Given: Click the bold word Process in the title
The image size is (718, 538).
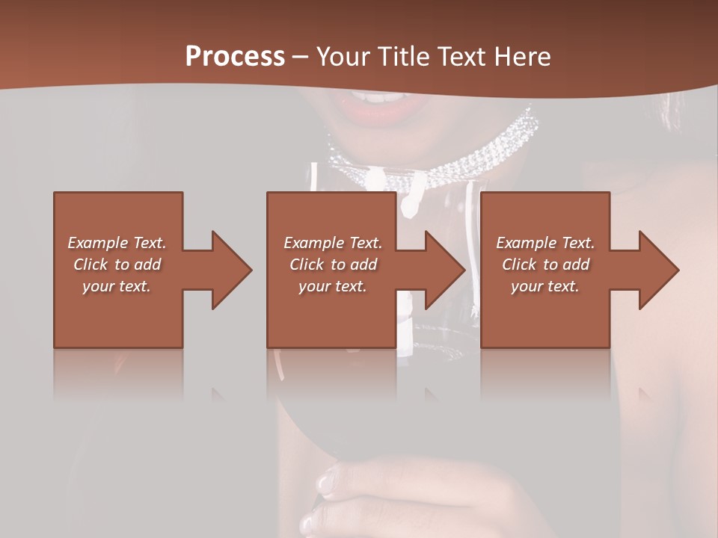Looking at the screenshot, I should (x=235, y=57).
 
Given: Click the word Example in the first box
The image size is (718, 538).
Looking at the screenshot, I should (x=98, y=243).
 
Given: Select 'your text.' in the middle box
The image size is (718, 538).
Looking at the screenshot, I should (x=332, y=286).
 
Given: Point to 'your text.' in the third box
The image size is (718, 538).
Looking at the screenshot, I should (x=544, y=286).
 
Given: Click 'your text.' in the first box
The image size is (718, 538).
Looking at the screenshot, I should (x=116, y=286).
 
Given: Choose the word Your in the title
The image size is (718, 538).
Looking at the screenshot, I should (x=344, y=57).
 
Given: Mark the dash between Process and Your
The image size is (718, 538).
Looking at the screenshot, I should (x=301, y=57).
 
